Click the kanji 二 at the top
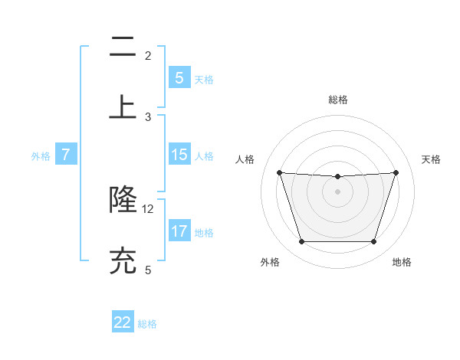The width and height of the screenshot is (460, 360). pyautogui.click(x=123, y=48)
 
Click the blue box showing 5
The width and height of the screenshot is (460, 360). pyautogui.click(x=179, y=78)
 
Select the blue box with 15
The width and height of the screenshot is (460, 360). pyautogui.click(x=179, y=155)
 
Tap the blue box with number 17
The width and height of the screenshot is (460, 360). pyautogui.click(x=179, y=231)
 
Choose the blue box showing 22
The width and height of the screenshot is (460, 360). pyautogui.click(x=123, y=322)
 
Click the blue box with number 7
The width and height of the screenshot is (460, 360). pyautogui.click(x=66, y=155)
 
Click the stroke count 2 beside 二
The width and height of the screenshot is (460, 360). pyautogui.click(x=148, y=56)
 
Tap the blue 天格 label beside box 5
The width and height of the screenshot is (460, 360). pyautogui.click(x=204, y=80)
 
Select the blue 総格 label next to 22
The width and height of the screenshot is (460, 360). pyautogui.click(x=147, y=324)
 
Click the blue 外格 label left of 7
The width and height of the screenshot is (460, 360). pyautogui.click(x=41, y=156)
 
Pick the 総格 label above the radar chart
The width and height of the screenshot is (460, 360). pyautogui.click(x=337, y=100)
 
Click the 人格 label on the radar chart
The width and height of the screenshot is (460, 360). pyautogui.click(x=245, y=159)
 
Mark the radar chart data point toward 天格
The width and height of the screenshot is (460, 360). pyautogui.click(x=396, y=172)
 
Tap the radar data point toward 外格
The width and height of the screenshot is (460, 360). pyautogui.click(x=301, y=242)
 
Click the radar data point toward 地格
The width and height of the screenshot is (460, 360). pyautogui.click(x=373, y=242)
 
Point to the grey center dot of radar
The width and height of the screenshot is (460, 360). pyautogui.click(x=337, y=191)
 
